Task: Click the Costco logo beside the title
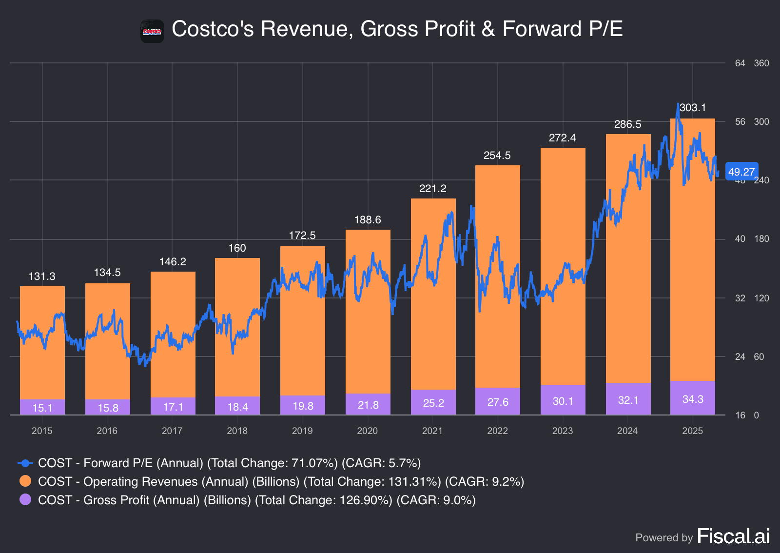coord(152,31)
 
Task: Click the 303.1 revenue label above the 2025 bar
coord(693,108)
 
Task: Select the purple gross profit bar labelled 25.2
coord(433,403)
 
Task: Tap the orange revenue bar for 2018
coord(237,327)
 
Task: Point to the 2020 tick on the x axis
coord(367,431)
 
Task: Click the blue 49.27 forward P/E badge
coord(741,172)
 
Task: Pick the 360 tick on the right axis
coord(761,63)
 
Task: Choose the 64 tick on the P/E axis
coord(740,63)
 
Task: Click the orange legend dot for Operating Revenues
coord(25,481)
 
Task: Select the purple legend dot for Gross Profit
coord(25,500)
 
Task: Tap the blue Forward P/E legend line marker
coord(25,463)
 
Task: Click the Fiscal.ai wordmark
coord(733,536)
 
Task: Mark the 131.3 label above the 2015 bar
coord(42,276)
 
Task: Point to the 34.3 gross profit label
coord(693,399)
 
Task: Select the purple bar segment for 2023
coord(563,400)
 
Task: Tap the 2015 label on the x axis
coord(42,431)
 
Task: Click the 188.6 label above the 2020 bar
coord(368,220)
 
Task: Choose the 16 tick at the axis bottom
coord(740,415)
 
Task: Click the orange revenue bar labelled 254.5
coord(498,273)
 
